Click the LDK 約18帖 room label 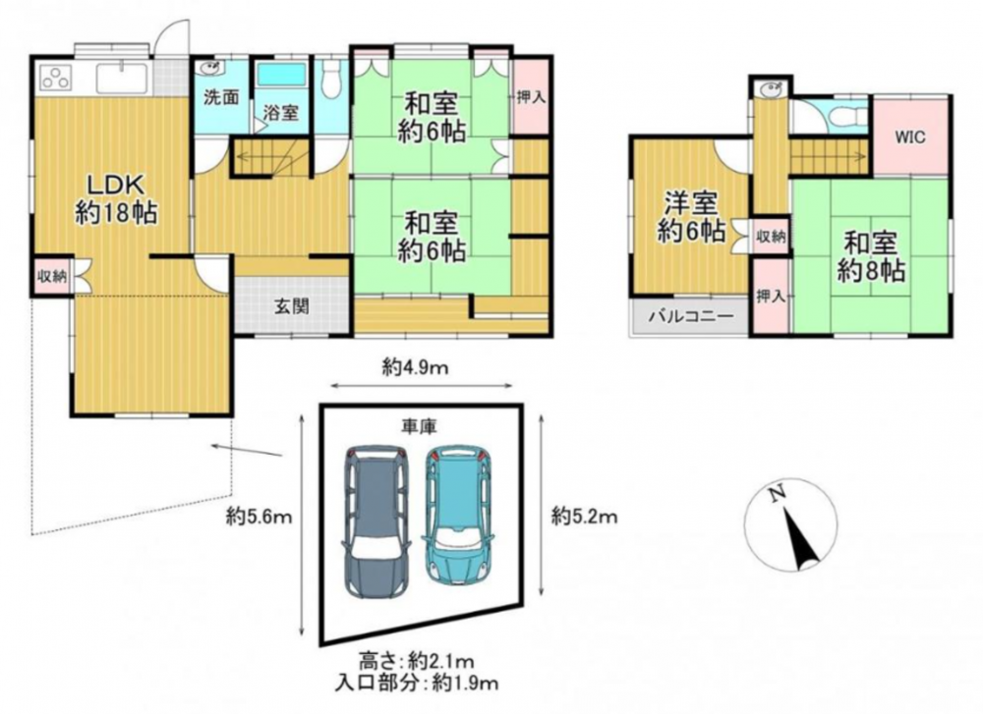[x=116, y=199]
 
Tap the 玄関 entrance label [x=292, y=306]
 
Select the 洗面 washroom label [x=221, y=97]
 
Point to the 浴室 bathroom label [x=281, y=113]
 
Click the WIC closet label [x=910, y=137]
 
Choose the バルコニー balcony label [x=690, y=315]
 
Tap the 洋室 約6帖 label [x=691, y=217]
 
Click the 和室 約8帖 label [x=871, y=256]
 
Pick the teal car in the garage [x=459, y=515]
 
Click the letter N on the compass [x=778, y=494]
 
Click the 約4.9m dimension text [x=415, y=367]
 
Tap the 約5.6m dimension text [x=260, y=517]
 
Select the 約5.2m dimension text [x=584, y=517]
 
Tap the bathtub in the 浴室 [x=281, y=75]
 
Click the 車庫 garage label [x=419, y=426]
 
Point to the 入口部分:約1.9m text [x=417, y=683]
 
